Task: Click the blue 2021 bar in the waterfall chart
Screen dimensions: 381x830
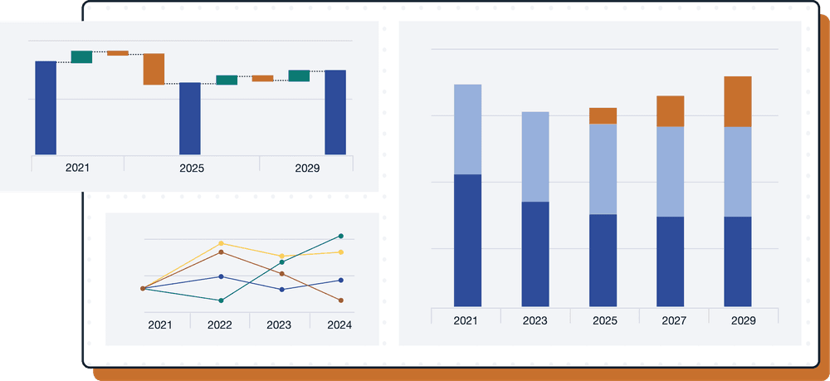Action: click(x=46, y=107)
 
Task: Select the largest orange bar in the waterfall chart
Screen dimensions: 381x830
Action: click(x=154, y=69)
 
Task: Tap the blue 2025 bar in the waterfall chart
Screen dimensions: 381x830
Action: click(x=190, y=118)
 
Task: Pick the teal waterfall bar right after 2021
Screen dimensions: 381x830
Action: click(x=81, y=56)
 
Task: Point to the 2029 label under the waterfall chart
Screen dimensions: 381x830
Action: click(x=307, y=168)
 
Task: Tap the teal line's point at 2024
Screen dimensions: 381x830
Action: click(x=341, y=237)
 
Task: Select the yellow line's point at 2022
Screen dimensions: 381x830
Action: click(x=221, y=244)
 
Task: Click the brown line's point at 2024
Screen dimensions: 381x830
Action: click(x=341, y=300)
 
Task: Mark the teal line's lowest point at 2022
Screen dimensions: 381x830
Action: click(x=221, y=300)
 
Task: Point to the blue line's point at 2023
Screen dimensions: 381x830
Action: click(x=281, y=290)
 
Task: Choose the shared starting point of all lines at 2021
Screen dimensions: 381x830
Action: click(x=143, y=288)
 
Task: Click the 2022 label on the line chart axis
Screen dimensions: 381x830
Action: click(x=220, y=325)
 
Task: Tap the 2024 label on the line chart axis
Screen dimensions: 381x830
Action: click(x=339, y=325)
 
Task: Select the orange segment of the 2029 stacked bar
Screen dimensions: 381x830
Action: click(x=738, y=101)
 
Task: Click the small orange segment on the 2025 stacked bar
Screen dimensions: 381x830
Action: click(x=603, y=115)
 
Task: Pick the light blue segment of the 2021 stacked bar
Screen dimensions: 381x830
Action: click(x=468, y=129)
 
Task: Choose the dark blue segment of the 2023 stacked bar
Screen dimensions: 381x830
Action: click(x=535, y=253)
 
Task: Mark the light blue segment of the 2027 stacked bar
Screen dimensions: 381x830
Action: click(x=670, y=171)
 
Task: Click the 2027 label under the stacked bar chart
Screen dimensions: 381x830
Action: click(x=670, y=320)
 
